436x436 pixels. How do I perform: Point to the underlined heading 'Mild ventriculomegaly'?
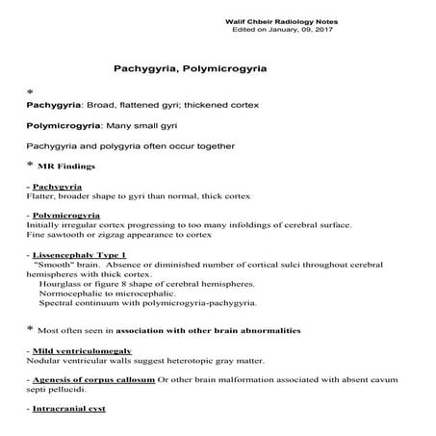point(81,350)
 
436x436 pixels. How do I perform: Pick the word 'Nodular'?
point(42,361)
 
